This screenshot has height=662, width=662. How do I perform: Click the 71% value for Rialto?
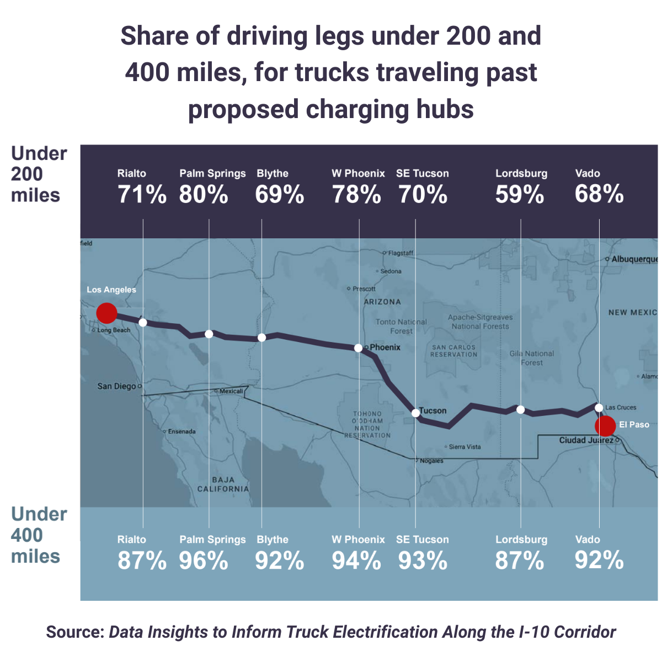(x=142, y=195)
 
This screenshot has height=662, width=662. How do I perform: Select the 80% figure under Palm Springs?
(x=204, y=195)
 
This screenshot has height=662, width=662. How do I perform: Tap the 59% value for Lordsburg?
(x=520, y=195)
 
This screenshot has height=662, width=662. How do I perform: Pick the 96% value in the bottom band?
(x=204, y=561)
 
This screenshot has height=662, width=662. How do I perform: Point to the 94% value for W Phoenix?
(x=356, y=561)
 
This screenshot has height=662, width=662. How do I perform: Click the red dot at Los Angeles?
(x=106, y=313)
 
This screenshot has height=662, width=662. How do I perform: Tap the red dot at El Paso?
(x=605, y=426)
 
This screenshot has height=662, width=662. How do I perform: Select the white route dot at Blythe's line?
(x=262, y=338)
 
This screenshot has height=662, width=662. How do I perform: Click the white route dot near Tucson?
(x=415, y=413)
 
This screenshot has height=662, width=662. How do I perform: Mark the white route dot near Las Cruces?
(x=599, y=407)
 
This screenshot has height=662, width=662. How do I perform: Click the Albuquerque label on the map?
(x=634, y=259)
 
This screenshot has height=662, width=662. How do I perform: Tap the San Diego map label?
(x=116, y=386)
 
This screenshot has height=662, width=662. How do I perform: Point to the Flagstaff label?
(x=401, y=253)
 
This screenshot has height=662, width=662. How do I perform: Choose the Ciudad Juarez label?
(x=586, y=440)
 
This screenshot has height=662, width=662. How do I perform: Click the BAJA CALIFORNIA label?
(x=223, y=484)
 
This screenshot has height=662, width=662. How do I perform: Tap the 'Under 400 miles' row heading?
(x=39, y=535)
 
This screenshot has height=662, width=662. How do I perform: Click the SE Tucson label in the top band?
(x=423, y=173)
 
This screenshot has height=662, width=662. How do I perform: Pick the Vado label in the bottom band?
(x=588, y=540)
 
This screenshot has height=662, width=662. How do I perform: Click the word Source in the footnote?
(x=75, y=632)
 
